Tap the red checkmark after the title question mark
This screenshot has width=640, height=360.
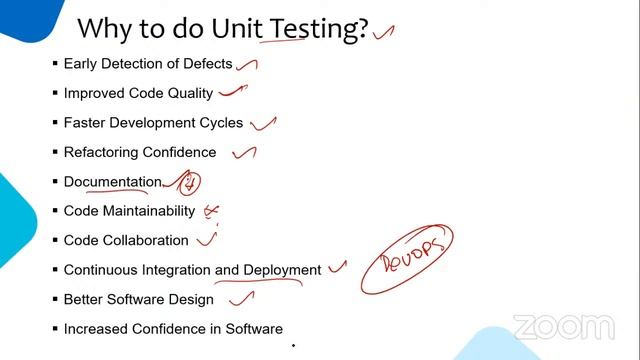coord(383,32)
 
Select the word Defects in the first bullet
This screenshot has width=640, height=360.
coord(206,64)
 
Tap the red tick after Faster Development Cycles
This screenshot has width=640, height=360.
coord(263,123)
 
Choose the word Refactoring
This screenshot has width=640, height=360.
coord(102,152)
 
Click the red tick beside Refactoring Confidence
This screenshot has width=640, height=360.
coord(244,153)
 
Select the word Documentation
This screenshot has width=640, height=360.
coord(112,182)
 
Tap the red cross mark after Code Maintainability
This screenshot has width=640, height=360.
coord(211,211)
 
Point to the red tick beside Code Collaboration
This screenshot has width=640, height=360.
coord(207,239)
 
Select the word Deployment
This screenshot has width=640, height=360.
coord(282,270)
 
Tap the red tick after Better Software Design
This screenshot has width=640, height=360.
coord(241,297)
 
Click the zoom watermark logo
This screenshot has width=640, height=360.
coord(563,327)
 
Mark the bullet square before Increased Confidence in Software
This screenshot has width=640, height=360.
coord(55,328)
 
